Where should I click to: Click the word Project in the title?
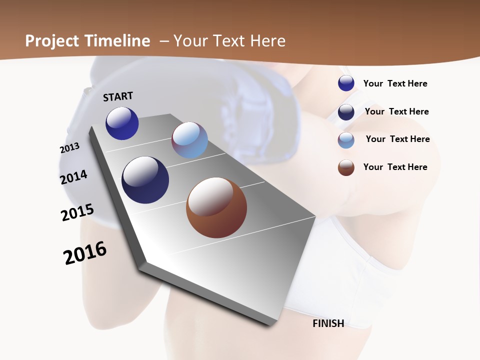coord(51,41)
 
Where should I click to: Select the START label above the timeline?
coord(118,96)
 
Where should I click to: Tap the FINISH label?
coord(328,323)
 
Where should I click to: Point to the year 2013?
coord(69,148)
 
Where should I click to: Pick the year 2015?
coord(77,212)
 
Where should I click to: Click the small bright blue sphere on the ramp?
coord(122,123)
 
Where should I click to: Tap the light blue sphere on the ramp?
coord(189,140)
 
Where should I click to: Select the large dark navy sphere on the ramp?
coord(145,180)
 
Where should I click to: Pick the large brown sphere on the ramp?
coord(216,207)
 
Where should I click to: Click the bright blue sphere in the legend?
coord(346,83)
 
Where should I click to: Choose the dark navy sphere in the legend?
coord(346,112)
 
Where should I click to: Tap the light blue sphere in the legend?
coord(346,140)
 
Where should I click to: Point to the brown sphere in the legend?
coord(346,167)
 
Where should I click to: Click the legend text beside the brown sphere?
coord(395,167)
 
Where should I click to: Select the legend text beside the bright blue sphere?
coord(395,83)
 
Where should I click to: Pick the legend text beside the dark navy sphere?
coord(396,111)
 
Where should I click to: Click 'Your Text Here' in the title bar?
coord(229,41)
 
